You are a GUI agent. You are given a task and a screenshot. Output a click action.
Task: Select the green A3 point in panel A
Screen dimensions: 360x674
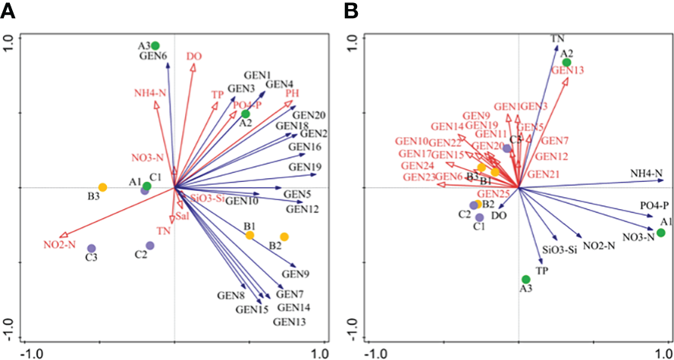click(x=155, y=45)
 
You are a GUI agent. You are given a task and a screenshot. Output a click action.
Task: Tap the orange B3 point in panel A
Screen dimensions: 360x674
click(x=102, y=187)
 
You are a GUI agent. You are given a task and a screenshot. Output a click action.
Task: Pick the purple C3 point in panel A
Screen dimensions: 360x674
click(x=92, y=248)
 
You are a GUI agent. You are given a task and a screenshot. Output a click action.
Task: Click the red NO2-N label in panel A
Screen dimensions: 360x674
click(x=60, y=244)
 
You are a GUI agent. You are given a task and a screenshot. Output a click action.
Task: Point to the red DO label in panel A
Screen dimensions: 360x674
click(x=194, y=56)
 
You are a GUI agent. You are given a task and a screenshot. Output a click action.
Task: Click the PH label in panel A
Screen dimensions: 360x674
click(x=293, y=93)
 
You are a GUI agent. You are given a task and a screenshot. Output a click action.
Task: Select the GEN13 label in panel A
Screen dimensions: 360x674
click(x=291, y=322)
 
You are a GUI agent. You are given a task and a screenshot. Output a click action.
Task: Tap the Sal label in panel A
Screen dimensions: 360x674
click(x=181, y=217)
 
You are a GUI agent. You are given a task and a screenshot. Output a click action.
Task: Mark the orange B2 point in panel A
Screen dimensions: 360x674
click(x=284, y=237)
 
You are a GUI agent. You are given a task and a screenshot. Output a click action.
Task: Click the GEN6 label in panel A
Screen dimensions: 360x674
click(x=152, y=55)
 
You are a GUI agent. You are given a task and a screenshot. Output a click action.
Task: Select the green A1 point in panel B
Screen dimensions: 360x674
click(x=660, y=233)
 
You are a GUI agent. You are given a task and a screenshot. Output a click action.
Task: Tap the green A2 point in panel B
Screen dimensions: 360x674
click(x=566, y=62)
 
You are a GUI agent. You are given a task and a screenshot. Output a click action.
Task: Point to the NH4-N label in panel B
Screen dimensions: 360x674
click(x=646, y=174)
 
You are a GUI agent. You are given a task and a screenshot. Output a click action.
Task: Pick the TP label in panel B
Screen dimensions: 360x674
click(x=541, y=270)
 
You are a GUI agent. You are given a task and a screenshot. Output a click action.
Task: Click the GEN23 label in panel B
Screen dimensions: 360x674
click(x=419, y=177)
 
